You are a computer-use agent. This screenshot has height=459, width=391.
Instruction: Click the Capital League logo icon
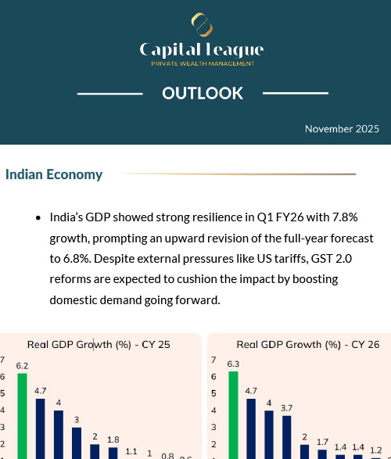coord(201,24)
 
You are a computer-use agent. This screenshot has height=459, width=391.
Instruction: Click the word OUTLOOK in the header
coord(203,94)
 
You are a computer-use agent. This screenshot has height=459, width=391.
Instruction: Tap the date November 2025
coord(342,128)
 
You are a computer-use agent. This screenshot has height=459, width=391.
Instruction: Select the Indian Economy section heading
coord(54,174)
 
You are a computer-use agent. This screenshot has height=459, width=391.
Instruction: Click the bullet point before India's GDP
coord(38,218)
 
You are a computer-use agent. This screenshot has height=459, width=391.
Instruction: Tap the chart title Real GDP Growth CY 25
coord(99,343)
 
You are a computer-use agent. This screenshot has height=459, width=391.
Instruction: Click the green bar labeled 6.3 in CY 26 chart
coord(233,414)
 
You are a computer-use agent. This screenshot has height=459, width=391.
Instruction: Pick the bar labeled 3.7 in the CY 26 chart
coord(287,438)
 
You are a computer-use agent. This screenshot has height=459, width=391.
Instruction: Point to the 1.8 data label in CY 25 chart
coord(113,439)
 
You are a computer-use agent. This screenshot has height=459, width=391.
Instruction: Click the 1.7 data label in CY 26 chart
coord(322,441)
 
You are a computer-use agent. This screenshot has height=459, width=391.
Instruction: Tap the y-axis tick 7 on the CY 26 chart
coord(213,360)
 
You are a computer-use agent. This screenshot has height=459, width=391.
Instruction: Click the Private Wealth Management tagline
coord(202,63)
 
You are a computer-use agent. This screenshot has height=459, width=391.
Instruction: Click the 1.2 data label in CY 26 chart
coord(376,450)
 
